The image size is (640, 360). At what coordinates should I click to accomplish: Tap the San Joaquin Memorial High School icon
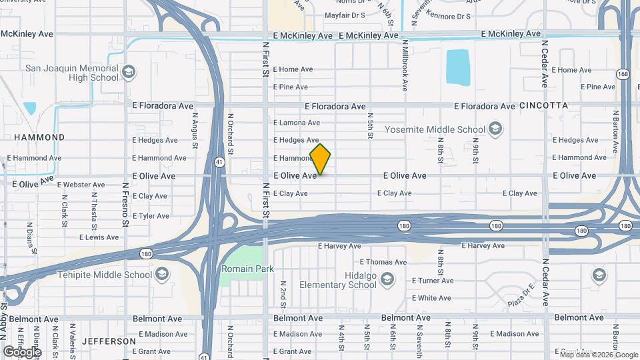tap(129, 70)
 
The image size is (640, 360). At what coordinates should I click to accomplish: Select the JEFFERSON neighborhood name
tap(109, 341)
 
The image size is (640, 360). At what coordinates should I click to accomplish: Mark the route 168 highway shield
tap(622, 73)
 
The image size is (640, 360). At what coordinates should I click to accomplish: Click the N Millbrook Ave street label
tap(405, 65)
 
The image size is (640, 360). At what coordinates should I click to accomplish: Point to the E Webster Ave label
tap(81, 185)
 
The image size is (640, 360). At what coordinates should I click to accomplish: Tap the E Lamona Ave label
tap(297, 123)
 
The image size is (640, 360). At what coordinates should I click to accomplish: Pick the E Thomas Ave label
tap(383, 262)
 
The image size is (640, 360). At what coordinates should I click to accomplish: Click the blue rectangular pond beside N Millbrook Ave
tap(457, 67)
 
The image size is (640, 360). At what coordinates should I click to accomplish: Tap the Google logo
tap(22, 351)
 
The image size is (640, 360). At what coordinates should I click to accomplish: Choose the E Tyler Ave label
tap(151, 216)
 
